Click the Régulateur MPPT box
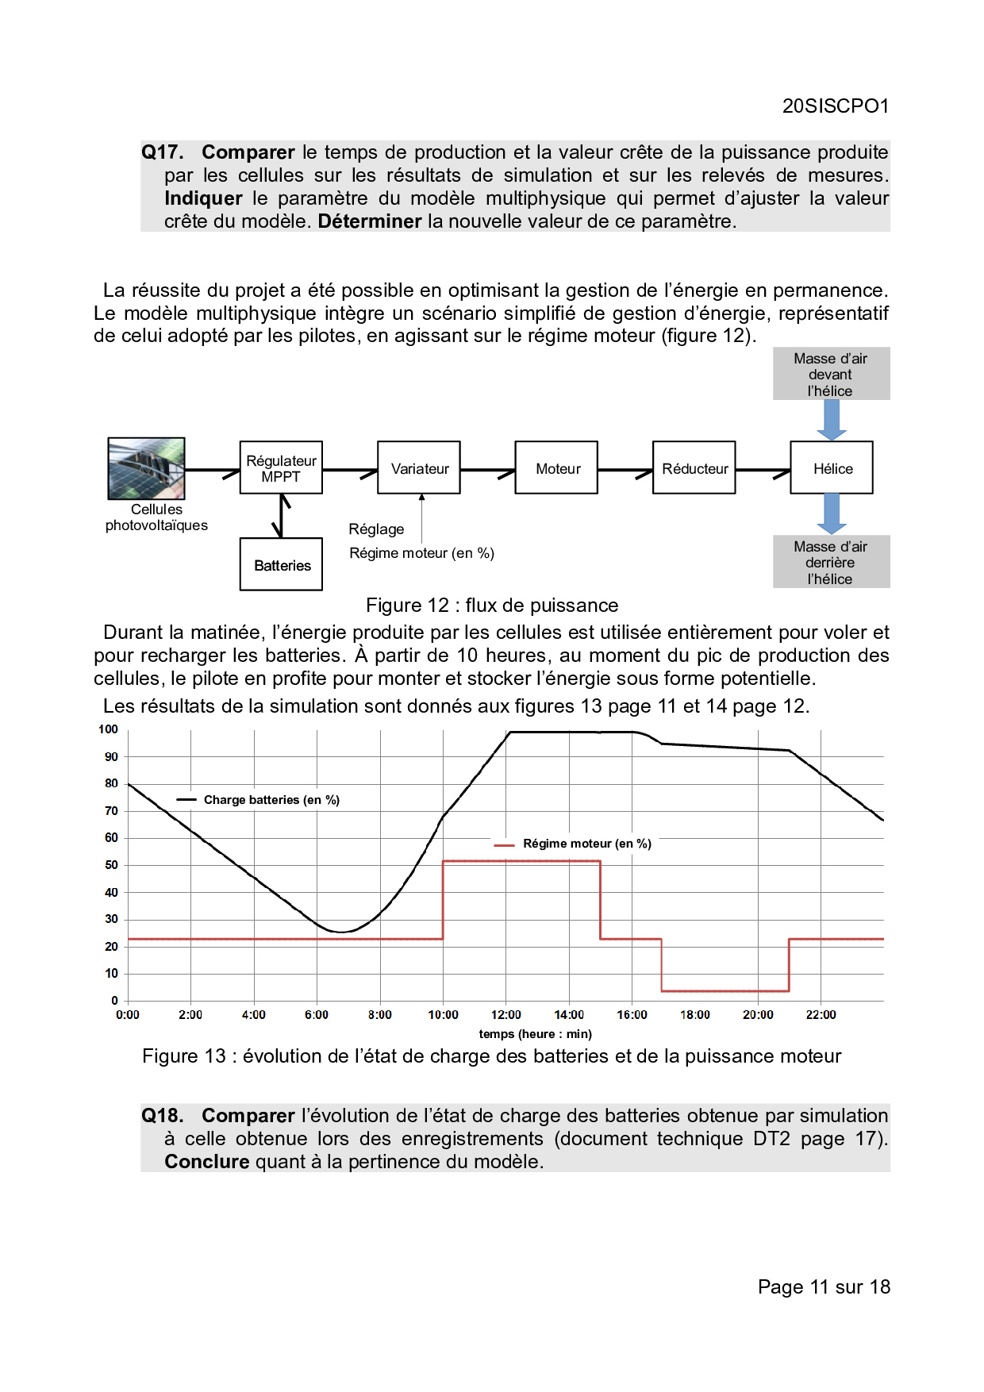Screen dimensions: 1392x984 pos(281,468)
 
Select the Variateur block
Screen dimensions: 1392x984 pos(419,468)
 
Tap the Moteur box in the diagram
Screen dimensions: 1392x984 pos(556,468)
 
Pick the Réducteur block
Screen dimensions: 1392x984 pos(694,468)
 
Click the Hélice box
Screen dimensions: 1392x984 pos(832,468)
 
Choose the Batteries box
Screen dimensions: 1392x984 pos(281,565)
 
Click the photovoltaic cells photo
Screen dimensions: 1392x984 pos(147,468)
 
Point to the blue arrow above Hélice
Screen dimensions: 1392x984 pos(832,420)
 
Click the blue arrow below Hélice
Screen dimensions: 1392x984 pos(832,513)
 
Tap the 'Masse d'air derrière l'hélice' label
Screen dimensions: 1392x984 pos(831,563)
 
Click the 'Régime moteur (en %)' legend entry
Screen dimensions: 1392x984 pos(586,844)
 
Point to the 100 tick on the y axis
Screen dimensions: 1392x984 pos(109,729)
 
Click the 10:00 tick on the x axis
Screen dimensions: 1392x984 pos(443,1015)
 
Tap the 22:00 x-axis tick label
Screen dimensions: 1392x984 pos(821,1015)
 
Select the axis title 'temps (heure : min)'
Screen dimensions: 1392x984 pos(535,1034)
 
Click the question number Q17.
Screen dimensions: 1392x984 pos(163,152)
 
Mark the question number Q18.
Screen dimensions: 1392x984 pos(163,1116)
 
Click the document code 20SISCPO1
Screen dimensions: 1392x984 pos(835,106)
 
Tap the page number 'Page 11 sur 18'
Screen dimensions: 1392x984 pos(824,1287)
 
